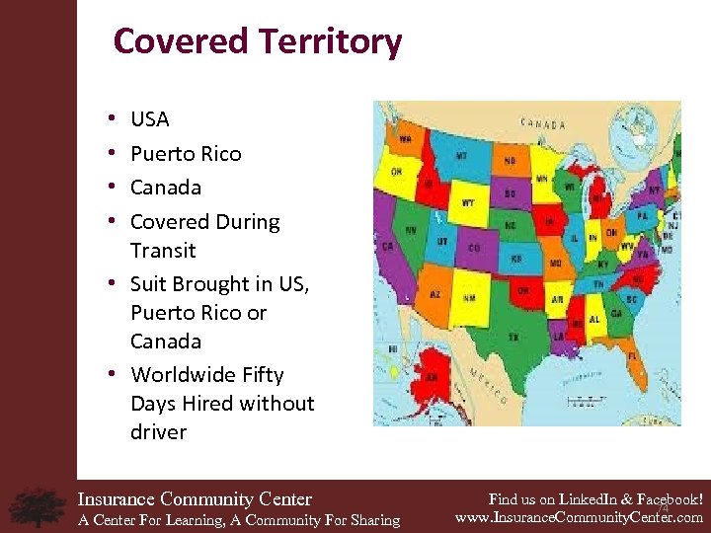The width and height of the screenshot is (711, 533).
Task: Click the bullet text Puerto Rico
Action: click(186, 153)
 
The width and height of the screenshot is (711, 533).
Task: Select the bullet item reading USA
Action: click(150, 119)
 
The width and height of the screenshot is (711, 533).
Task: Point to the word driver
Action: click(158, 431)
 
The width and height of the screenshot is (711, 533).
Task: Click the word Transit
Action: click(163, 250)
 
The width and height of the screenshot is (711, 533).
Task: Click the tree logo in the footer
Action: click(38, 506)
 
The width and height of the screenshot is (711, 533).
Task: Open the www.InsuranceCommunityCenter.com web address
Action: click(579, 517)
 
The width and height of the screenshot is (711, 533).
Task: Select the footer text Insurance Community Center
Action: click(195, 499)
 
